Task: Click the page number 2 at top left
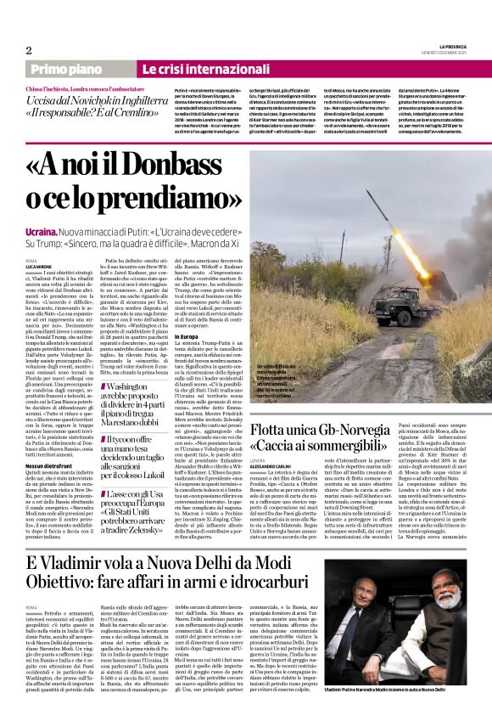[x=29, y=50]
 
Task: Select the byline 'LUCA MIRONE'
[x=39, y=267]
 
